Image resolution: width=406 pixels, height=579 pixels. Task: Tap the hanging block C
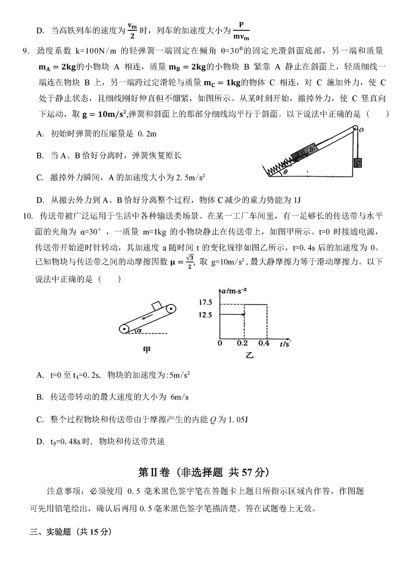click(358, 163)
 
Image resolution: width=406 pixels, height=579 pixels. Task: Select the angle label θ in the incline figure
click(286, 172)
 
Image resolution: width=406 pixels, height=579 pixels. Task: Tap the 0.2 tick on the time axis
click(245, 343)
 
